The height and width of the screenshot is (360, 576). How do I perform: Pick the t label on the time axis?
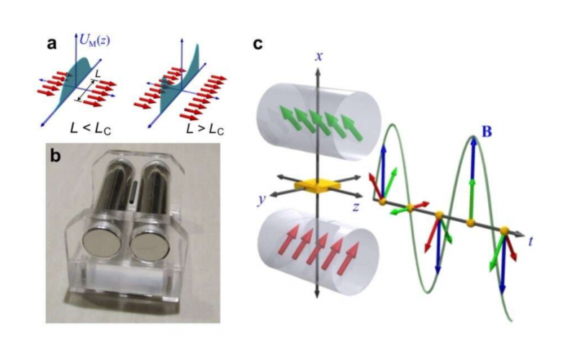coord(530,240)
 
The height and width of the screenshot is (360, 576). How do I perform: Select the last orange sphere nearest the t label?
coord(505,230)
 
